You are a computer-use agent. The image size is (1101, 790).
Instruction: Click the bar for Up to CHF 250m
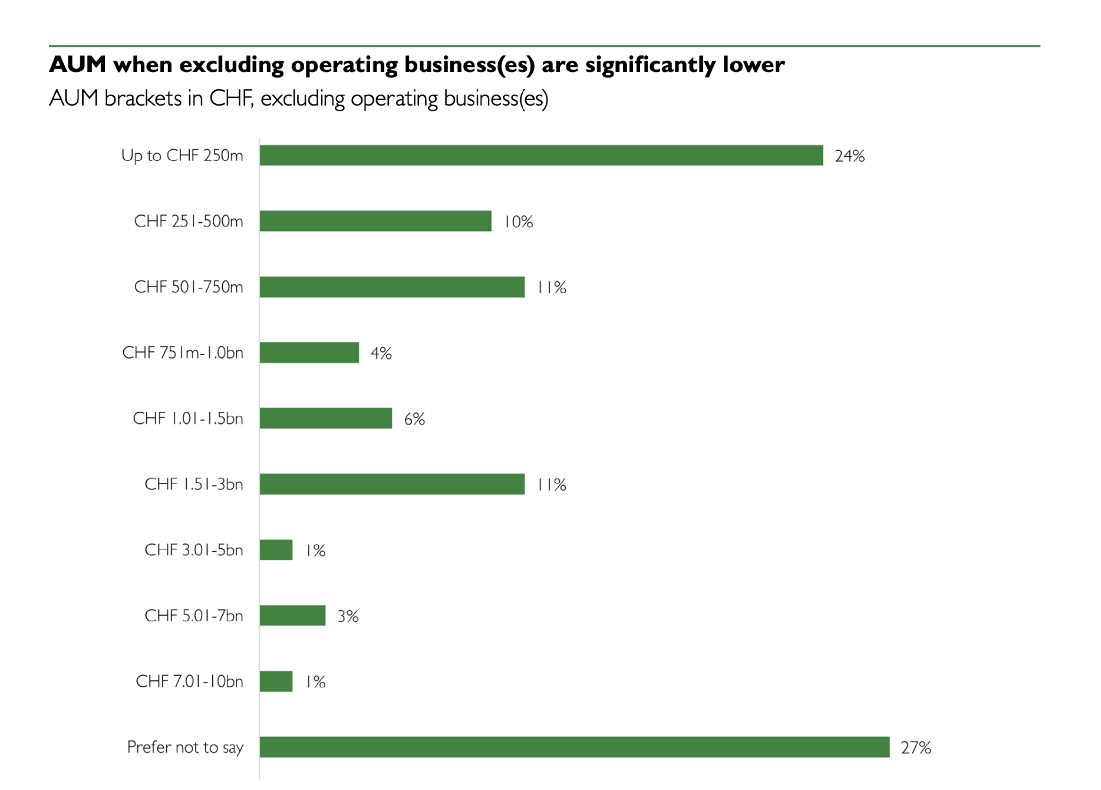(541, 156)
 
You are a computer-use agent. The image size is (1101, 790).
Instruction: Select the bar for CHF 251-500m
(375, 221)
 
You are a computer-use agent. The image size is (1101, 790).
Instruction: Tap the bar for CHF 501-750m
(392, 287)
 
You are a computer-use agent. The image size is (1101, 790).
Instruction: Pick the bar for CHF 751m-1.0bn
(309, 353)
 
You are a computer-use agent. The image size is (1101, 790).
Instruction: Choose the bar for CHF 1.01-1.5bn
(326, 419)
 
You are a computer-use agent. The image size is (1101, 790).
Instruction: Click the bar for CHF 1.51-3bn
(392, 484)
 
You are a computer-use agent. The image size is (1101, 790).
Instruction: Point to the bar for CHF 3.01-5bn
(276, 550)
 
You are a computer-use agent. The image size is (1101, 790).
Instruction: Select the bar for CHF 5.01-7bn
(293, 615)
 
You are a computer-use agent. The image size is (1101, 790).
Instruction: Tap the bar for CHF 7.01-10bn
(276, 682)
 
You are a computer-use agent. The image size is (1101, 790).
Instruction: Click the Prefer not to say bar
(575, 747)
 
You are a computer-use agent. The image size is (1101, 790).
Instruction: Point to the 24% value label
(849, 156)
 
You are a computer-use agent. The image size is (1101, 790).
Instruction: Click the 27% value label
(916, 748)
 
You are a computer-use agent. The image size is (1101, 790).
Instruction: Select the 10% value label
(518, 222)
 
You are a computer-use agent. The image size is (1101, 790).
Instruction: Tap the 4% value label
(381, 353)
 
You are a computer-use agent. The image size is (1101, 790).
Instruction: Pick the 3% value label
(348, 616)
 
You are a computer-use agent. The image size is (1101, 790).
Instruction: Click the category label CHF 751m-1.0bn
(183, 353)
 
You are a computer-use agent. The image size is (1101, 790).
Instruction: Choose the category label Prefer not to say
(185, 747)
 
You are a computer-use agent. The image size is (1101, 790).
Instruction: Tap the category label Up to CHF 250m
(182, 156)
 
